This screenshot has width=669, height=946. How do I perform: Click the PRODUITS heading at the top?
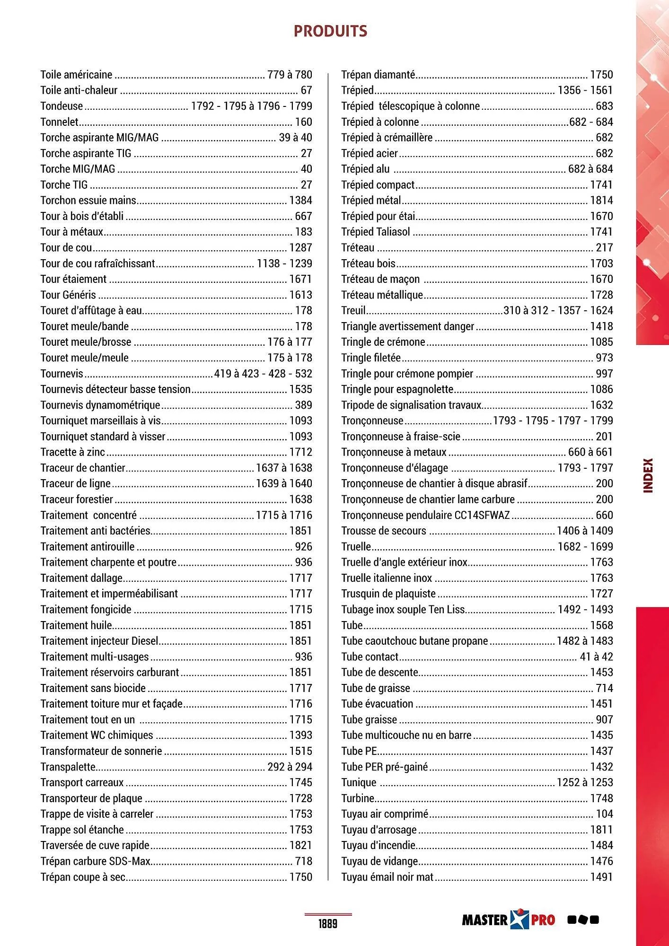(330, 31)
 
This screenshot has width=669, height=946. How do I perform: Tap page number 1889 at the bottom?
(327, 923)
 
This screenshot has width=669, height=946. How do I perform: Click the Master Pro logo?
(508, 920)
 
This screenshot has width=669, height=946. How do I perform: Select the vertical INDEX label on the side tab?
(648, 475)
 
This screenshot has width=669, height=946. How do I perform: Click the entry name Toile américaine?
(76, 75)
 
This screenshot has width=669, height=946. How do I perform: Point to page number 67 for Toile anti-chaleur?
(306, 90)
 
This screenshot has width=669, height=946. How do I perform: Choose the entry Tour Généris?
(68, 295)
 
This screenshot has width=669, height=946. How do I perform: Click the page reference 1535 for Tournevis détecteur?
(300, 389)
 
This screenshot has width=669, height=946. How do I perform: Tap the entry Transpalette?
(68, 767)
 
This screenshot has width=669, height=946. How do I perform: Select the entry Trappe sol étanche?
(82, 830)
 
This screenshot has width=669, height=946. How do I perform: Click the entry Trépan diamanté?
(378, 75)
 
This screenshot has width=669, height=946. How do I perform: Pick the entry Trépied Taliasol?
(376, 232)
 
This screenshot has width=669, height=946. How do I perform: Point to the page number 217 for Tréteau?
(604, 248)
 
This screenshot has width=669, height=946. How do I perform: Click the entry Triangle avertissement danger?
(407, 326)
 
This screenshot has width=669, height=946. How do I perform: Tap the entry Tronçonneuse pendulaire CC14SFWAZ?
(425, 515)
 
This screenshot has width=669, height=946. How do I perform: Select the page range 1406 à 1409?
(585, 531)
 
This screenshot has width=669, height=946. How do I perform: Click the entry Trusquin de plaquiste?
(388, 594)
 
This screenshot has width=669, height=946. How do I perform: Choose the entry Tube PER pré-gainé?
(384, 767)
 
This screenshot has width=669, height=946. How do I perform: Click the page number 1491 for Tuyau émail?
(601, 877)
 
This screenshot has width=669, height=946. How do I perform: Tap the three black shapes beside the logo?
(583, 920)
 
